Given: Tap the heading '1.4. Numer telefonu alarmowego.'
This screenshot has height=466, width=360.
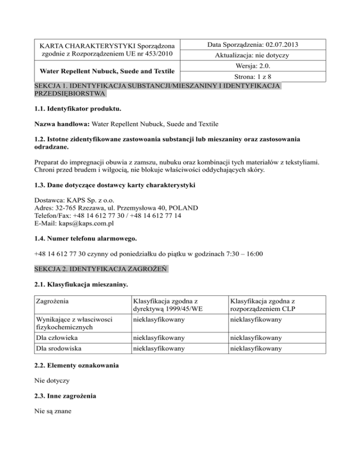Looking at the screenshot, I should coord(82,239).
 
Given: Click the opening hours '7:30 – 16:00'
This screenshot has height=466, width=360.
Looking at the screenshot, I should coord(242,255).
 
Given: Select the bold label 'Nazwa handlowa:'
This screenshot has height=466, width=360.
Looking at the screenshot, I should coord(60,125).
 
